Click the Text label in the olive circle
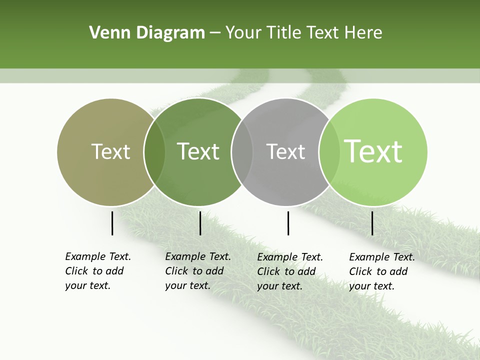(110, 151)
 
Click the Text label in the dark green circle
(198, 151)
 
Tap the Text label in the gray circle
(285, 151)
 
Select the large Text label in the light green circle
(373, 151)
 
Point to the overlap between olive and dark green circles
(154, 152)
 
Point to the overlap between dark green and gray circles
(242, 152)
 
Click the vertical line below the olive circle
(112, 223)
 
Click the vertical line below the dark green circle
(200, 223)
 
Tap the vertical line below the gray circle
(288, 223)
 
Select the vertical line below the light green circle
(372, 223)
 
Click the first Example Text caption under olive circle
(98, 256)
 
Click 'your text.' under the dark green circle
(187, 285)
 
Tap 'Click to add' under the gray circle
(286, 271)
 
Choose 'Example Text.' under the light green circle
(382, 257)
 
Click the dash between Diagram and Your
(215, 33)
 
